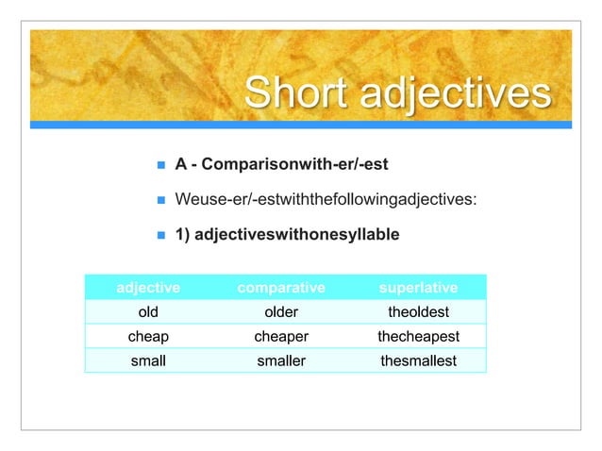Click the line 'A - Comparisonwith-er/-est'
[x=281, y=165]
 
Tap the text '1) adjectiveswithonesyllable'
[x=287, y=234]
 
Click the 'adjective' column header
[x=148, y=287]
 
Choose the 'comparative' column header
[x=280, y=287]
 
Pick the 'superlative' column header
[x=417, y=287]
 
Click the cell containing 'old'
[x=148, y=311]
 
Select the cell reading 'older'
[x=280, y=311]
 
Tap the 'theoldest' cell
[x=417, y=311]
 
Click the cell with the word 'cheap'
[x=148, y=336]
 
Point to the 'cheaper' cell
[x=280, y=336]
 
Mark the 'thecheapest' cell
[x=417, y=336]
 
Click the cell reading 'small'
[x=148, y=359]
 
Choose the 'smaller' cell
[x=280, y=359]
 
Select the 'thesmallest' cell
[x=417, y=359]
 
